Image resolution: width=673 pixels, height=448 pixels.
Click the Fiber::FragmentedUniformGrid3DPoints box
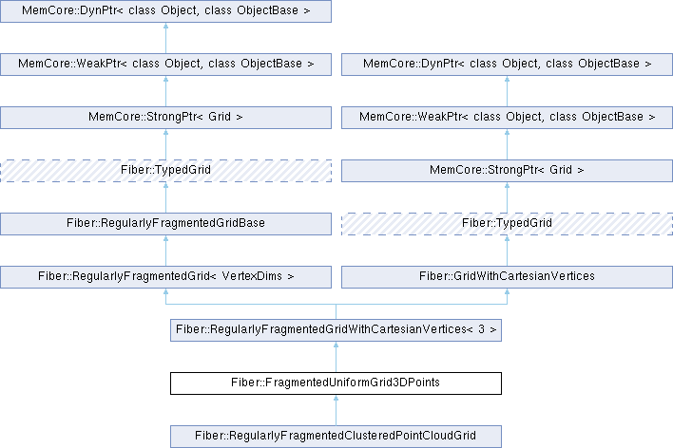pyautogui.click(x=336, y=383)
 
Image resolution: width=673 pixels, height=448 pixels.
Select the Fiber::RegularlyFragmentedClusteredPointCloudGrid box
pyautogui.click(x=336, y=437)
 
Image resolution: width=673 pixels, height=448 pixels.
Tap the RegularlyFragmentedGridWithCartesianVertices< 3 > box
pyautogui.click(x=336, y=330)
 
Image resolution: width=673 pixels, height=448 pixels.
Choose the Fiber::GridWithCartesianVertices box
pyautogui.click(x=507, y=277)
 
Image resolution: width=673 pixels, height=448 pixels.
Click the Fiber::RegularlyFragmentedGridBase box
pyautogui.click(x=165, y=224)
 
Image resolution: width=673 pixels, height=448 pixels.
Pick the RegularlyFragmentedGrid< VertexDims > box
pyautogui.click(x=165, y=277)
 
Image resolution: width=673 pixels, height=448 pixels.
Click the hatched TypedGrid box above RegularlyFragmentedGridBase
pyautogui.click(x=165, y=171)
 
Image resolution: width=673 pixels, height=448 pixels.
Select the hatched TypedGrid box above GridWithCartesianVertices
pyautogui.click(x=507, y=224)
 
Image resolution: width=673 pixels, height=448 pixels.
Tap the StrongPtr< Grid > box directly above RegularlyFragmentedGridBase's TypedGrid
pyautogui.click(x=165, y=118)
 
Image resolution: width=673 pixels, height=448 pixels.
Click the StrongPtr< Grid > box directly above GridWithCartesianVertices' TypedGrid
pyautogui.click(x=507, y=171)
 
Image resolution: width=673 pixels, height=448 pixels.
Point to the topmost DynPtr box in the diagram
pyautogui.click(x=165, y=11)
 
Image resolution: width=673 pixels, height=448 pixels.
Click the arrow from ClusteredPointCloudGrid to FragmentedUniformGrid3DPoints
pyautogui.click(x=336, y=410)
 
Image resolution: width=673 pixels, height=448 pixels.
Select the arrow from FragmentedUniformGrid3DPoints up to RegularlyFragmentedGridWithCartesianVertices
pyautogui.click(x=336, y=357)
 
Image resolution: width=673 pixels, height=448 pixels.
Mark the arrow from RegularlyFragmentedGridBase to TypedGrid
pyautogui.click(x=165, y=197)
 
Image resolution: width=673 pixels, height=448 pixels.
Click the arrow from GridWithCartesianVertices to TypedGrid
pyautogui.click(x=507, y=251)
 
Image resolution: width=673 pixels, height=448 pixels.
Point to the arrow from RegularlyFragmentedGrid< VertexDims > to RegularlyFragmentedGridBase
pyautogui.click(x=165, y=251)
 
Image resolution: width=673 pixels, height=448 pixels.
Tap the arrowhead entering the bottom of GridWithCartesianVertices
pyautogui.click(x=507, y=294)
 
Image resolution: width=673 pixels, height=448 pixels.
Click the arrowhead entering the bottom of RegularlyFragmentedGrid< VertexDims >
pyautogui.click(x=165, y=294)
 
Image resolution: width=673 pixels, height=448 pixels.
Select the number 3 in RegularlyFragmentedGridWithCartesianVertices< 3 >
pyautogui.click(x=480, y=330)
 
